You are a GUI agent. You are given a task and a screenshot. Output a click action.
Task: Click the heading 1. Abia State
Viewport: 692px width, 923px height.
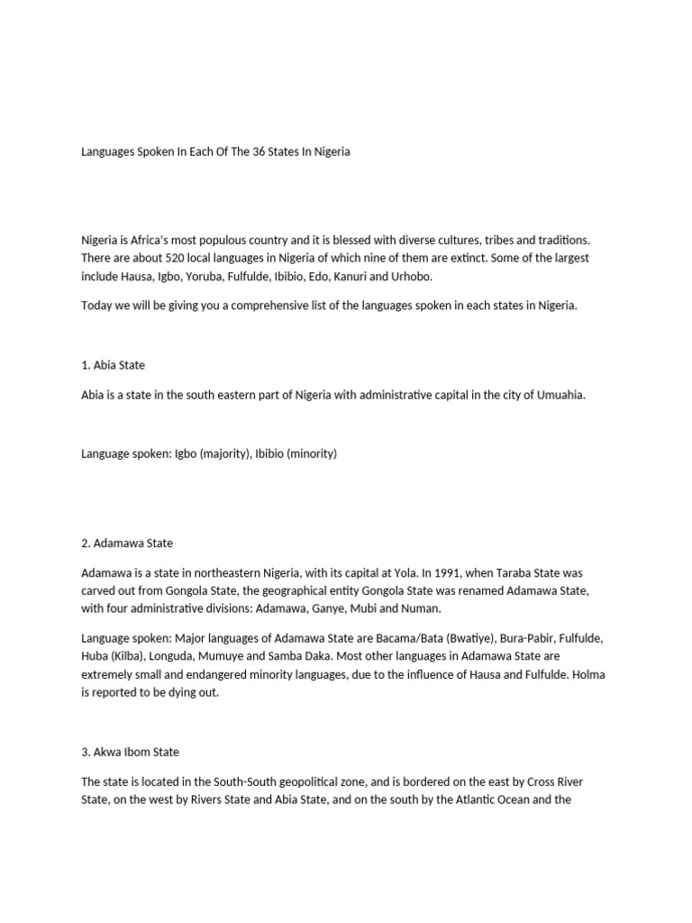(x=113, y=365)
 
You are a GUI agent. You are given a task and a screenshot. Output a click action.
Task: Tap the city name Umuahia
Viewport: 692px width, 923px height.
(x=561, y=395)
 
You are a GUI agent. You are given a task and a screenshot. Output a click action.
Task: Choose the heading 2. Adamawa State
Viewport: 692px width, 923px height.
(x=127, y=543)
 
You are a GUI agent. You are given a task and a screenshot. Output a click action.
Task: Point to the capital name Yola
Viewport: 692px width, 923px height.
(x=406, y=572)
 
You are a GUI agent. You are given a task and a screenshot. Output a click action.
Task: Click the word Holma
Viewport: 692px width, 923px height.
(x=588, y=673)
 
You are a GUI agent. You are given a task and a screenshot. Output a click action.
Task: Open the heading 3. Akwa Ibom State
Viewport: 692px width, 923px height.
(x=131, y=751)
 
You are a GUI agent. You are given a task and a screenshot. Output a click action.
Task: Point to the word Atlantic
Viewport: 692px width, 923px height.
(x=464, y=798)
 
